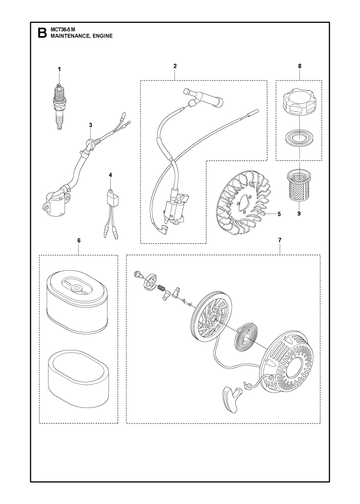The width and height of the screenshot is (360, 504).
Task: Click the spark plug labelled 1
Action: pyautogui.click(x=59, y=106)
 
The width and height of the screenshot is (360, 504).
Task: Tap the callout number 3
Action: pyautogui.click(x=90, y=125)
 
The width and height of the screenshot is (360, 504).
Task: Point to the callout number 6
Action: pyautogui.click(x=79, y=240)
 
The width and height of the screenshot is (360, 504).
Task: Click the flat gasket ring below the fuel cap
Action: pyautogui.click(x=299, y=137)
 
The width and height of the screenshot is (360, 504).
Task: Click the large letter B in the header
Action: pyautogui.click(x=42, y=33)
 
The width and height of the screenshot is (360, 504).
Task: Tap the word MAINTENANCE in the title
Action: pyautogui.click(x=69, y=36)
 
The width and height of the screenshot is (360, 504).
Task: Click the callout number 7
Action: pyautogui.click(x=279, y=240)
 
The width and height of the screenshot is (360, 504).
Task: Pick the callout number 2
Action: pyautogui.click(x=175, y=66)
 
